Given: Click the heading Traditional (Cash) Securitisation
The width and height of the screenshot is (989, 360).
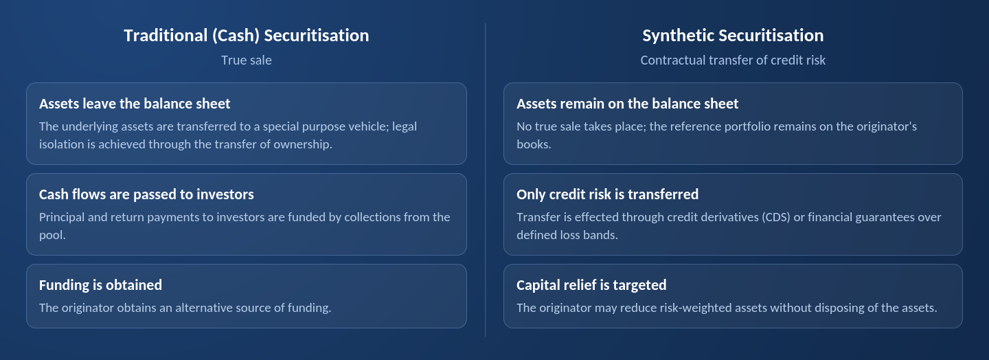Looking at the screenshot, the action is pos(247,36).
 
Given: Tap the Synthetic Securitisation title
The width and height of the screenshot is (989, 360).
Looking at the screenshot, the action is pos(733,36).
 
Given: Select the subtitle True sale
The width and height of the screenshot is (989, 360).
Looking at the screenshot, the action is pos(247,60).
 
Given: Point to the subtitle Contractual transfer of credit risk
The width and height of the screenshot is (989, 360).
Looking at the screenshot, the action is pos(733,60).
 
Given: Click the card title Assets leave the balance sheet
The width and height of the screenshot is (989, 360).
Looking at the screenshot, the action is pos(135,104).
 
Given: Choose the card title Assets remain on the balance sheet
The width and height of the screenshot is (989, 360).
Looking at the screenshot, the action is pos(628,104).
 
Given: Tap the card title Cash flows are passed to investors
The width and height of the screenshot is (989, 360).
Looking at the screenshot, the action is pos(146,194).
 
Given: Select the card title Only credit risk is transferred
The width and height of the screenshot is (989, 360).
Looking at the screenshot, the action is pos(608,194).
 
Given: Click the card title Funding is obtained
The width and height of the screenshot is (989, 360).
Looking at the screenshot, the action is pos(100,285).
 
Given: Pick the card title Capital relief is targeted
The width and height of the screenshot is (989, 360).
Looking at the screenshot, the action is pos(591,285).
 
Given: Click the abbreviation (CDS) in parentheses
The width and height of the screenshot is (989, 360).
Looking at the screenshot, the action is pos(776,217).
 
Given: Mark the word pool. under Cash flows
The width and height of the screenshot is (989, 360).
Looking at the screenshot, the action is pos(52,235).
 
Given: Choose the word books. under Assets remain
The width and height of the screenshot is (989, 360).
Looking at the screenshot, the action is pos(534,144).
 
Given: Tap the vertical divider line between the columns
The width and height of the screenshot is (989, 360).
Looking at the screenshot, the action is pos(485,180).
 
